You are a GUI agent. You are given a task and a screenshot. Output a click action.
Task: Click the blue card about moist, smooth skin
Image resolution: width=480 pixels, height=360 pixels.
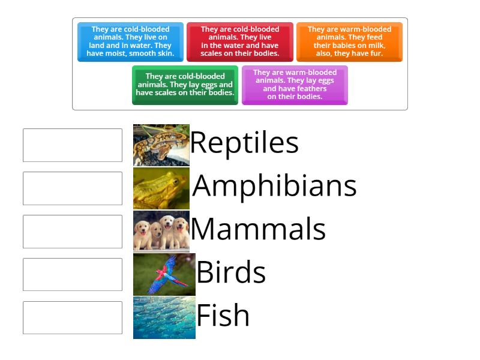pyautogui.click(x=130, y=41)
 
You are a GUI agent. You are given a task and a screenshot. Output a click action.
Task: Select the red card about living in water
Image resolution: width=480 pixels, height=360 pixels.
pyautogui.click(x=239, y=41)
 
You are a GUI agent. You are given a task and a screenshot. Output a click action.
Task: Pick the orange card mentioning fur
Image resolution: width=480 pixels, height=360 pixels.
pyautogui.click(x=349, y=41)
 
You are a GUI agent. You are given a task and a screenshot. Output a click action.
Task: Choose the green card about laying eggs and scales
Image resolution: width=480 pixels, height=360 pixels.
pyautogui.click(x=185, y=85)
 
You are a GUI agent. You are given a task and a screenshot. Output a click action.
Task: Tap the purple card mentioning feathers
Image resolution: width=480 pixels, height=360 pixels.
pyautogui.click(x=295, y=85)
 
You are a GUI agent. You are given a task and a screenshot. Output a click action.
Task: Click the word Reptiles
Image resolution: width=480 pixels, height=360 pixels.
pyautogui.click(x=244, y=143)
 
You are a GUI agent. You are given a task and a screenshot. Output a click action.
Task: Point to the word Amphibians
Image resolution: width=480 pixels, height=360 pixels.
pyautogui.click(x=274, y=185)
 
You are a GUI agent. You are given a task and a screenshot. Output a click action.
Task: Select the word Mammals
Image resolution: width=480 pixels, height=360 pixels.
pyautogui.click(x=258, y=229)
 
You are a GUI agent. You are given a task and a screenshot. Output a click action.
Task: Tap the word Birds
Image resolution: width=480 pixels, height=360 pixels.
pyautogui.click(x=231, y=272)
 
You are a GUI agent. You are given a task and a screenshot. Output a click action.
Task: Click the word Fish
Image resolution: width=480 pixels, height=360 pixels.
pyautogui.click(x=223, y=316)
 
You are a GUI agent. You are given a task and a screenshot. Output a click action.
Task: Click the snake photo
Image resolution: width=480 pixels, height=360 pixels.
pyautogui.click(x=161, y=145)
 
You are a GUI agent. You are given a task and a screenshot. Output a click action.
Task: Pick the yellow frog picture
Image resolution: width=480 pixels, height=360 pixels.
pyautogui.click(x=161, y=188)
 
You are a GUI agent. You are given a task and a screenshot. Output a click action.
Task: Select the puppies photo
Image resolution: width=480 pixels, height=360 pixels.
pyautogui.click(x=161, y=232)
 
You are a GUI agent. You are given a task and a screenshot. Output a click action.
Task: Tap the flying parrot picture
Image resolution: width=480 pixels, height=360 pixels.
pyautogui.click(x=164, y=274)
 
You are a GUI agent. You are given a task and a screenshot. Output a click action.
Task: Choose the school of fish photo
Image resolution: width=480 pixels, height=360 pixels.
pyautogui.click(x=164, y=317)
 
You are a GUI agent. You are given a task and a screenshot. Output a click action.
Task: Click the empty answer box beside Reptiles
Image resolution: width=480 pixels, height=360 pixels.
pyautogui.click(x=73, y=145)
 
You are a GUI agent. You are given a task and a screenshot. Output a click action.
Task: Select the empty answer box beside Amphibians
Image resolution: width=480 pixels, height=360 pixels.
pyautogui.click(x=73, y=188)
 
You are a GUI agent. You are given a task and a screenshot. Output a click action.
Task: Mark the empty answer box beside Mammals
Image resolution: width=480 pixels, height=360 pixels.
pyautogui.click(x=73, y=232)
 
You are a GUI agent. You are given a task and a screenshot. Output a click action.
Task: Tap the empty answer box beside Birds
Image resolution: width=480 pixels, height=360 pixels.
pyautogui.click(x=73, y=275)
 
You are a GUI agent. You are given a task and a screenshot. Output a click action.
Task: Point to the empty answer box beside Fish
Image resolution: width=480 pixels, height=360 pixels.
pyautogui.click(x=73, y=318)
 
